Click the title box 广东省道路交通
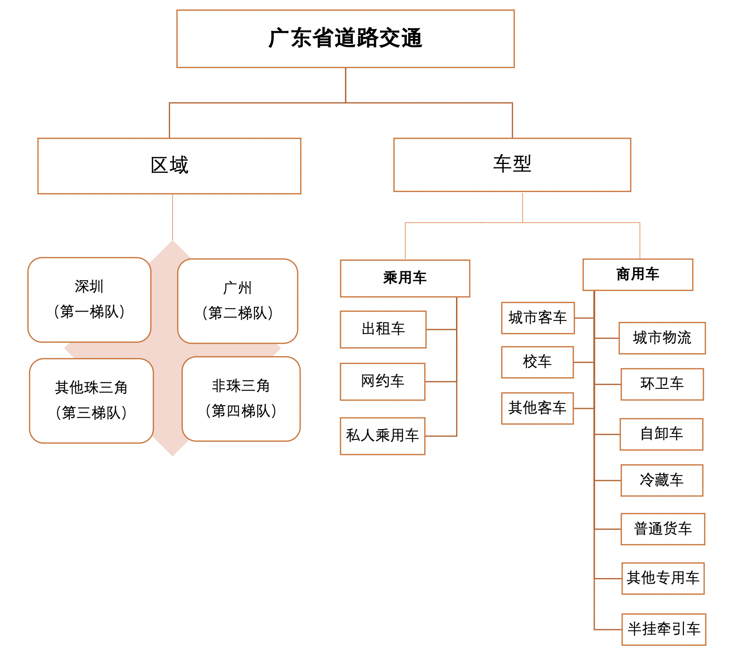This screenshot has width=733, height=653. click(x=345, y=39)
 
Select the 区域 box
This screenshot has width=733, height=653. click(x=169, y=166)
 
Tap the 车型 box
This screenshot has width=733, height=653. click(x=512, y=165)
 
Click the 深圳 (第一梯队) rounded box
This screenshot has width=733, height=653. click(x=90, y=300)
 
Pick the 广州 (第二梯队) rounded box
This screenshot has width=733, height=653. click(x=238, y=301)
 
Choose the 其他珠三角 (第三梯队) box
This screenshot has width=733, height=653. click(x=91, y=401)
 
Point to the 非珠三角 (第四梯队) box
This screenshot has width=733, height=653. click(x=241, y=399)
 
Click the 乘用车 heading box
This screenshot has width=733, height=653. click(x=405, y=278)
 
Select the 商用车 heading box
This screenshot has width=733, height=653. click(x=638, y=275)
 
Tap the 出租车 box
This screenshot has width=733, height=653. click(x=383, y=329)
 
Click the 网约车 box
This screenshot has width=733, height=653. click(x=382, y=382)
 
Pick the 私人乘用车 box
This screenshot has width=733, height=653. click(x=382, y=436)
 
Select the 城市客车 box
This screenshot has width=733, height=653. click(x=538, y=318)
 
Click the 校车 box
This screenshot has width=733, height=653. click(x=538, y=362)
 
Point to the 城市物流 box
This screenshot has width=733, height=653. click(x=662, y=338)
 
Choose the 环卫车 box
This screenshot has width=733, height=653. click(x=662, y=384)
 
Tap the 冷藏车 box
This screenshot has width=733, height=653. click(x=662, y=480)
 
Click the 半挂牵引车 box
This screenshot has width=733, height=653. click(x=664, y=630)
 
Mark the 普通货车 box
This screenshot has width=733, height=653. click(x=663, y=529)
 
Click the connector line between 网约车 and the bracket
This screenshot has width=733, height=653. click(x=441, y=382)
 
